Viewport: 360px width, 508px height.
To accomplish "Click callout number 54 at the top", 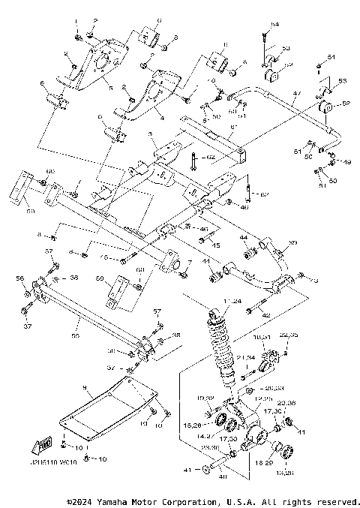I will point(274,25).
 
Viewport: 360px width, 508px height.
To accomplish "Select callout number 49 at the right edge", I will point(347,161).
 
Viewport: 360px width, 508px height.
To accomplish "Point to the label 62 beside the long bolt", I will point(211,157).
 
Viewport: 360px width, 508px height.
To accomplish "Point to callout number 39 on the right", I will point(293,242).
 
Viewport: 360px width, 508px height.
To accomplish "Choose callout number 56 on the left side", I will point(19,278).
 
